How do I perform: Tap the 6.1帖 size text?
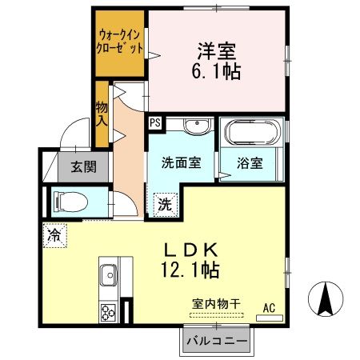[x=217, y=71]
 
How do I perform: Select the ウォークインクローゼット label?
[x=121, y=41]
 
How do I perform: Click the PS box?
[x=154, y=123]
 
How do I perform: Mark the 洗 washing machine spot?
[x=163, y=203]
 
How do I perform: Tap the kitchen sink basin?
[x=108, y=279]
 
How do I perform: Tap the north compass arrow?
[x=326, y=298]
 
